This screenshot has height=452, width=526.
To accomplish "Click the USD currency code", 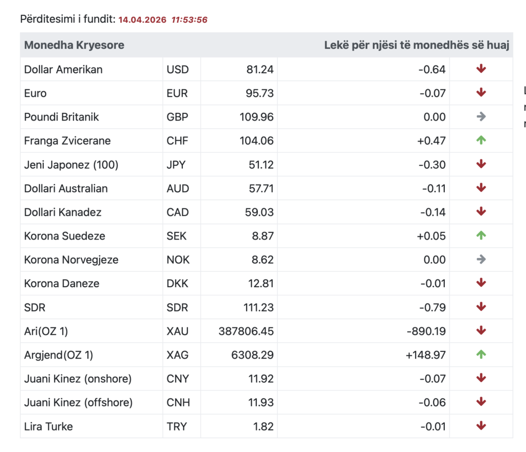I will pyautogui.click(x=177, y=69).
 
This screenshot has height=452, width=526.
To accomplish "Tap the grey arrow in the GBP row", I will pyautogui.click(x=481, y=116).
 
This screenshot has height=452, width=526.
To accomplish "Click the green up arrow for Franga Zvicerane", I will pyautogui.click(x=481, y=140).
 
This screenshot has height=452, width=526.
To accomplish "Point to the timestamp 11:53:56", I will pyautogui.click(x=190, y=20).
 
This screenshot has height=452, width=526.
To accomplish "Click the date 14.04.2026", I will pyautogui.click(x=142, y=20).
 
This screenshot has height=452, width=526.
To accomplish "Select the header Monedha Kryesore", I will pyautogui.click(x=74, y=45).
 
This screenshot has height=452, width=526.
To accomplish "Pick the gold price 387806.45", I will pyautogui.click(x=246, y=331).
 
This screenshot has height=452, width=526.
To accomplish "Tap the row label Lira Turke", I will pyautogui.click(x=48, y=426).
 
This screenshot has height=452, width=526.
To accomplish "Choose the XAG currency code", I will pyautogui.click(x=178, y=355).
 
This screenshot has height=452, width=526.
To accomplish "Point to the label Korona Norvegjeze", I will pyautogui.click(x=71, y=260).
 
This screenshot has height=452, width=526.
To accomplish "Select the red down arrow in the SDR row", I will pyautogui.click(x=481, y=307).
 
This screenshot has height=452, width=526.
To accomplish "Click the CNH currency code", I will pyautogui.click(x=178, y=403).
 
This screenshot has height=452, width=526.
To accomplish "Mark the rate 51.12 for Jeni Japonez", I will pyautogui.click(x=260, y=165).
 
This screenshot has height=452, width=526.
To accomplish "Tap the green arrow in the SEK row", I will pyautogui.click(x=481, y=235).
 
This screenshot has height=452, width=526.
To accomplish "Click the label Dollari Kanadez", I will pyautogui.click(x=63, y=212).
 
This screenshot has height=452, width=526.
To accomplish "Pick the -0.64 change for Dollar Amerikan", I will pyautogui.click(x=431, y=69).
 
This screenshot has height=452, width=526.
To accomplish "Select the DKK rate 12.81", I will pyautogui.click(x=260, y=284).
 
